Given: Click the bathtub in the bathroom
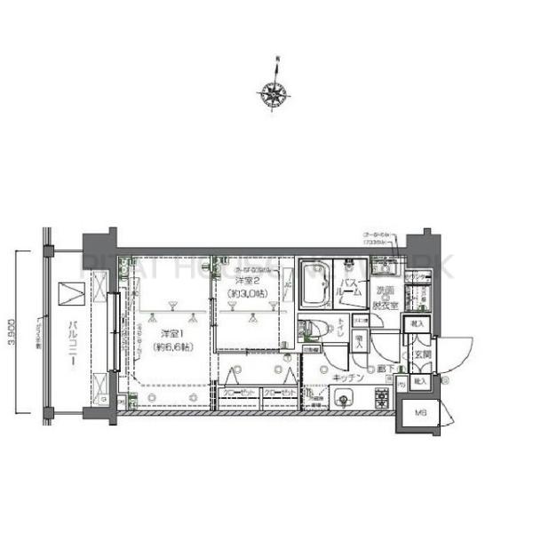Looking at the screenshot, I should (x=312, y=283).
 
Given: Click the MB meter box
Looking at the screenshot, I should (x=418, y=412).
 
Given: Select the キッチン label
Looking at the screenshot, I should (x=346, y=377).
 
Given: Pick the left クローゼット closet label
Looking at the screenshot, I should (x=238, y=391).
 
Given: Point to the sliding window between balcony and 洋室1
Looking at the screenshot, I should (x=113, y=330).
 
